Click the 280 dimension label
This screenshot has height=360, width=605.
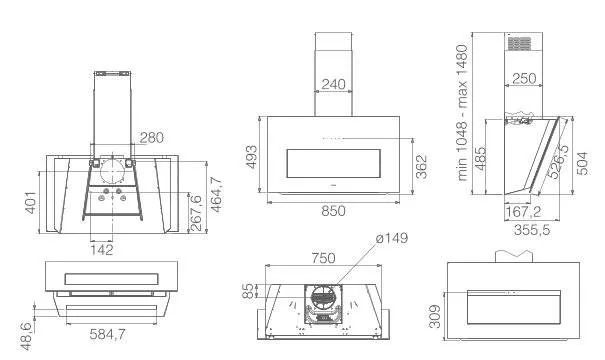point(152,137)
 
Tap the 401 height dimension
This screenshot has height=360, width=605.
point(31,202)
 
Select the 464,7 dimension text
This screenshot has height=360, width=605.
point(216,194)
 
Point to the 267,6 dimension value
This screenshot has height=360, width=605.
point(196,213)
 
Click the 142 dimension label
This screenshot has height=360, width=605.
point(102,250)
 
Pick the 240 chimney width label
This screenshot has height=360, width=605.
point(333,84)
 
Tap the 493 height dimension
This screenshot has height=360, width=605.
point(252,157)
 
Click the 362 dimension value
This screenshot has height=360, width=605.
point(422,166)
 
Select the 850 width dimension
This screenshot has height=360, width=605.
point(333,211)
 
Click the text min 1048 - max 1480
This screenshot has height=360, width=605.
point(462,113)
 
